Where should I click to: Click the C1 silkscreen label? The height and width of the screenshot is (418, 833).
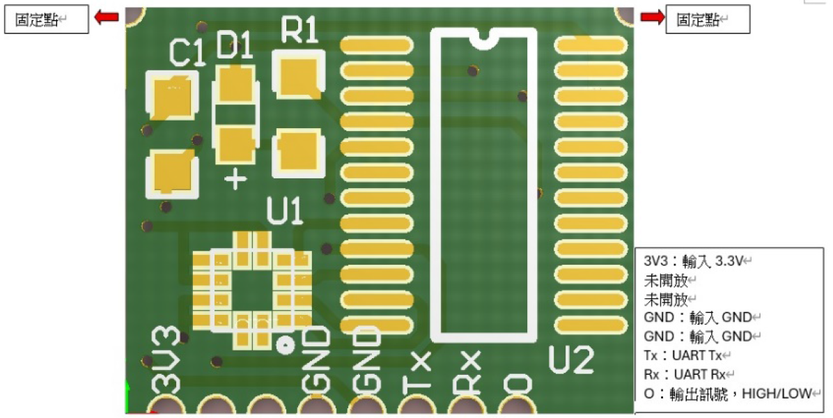click(187, 53)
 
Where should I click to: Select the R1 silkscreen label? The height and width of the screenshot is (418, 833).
click(299, 31)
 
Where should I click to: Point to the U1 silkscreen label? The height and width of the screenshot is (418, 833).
click(285, 211)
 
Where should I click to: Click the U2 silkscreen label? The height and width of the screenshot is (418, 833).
click(571, 359)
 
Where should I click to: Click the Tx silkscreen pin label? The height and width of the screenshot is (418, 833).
click(417, 371)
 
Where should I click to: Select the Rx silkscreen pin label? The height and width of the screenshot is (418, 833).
click(467, 371)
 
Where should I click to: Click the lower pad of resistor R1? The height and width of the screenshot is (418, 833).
click(299, 153)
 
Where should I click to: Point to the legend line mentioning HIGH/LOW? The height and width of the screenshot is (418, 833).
click(728, 394)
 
